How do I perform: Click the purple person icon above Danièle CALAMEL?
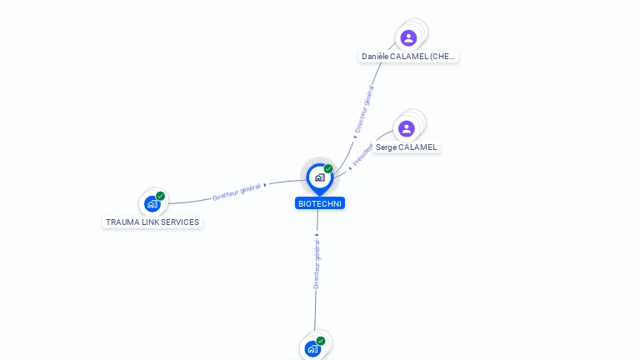pyautogui.click(x=408, y=37)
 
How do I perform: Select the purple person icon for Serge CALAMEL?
pyautogui.click(x=406, y=128)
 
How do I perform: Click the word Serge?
pyautogui.click(x=385, y=147)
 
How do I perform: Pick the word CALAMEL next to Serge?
pyautogui.click(x=417, y=147)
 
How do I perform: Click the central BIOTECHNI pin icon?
pyautogui.click(x=318, y=177)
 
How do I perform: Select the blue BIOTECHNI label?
pyautogui.click(x=319, y=203)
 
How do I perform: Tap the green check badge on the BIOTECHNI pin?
pyautogui.click(x=328, y=169)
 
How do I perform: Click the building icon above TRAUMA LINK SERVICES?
pyautogui.click(x=152, y=203)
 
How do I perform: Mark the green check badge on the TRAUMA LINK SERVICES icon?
pyautogui.click(x=160, y=197)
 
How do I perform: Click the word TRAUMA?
pyautogui.click(x=122, y=222)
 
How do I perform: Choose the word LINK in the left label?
pyautogui.click(x=152, y=222)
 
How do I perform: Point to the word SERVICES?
pyautogui.click(x=182, y=222)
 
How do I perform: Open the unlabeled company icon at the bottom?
pyautogui.click(x=312, y=348)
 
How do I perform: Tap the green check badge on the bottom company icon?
pyautogui.click(x=321, y=341)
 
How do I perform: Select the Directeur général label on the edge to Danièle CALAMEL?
pyautogui.click(x=364, y=109)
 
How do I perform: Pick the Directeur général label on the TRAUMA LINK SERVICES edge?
pyautogui.click(x=237, y=192)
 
